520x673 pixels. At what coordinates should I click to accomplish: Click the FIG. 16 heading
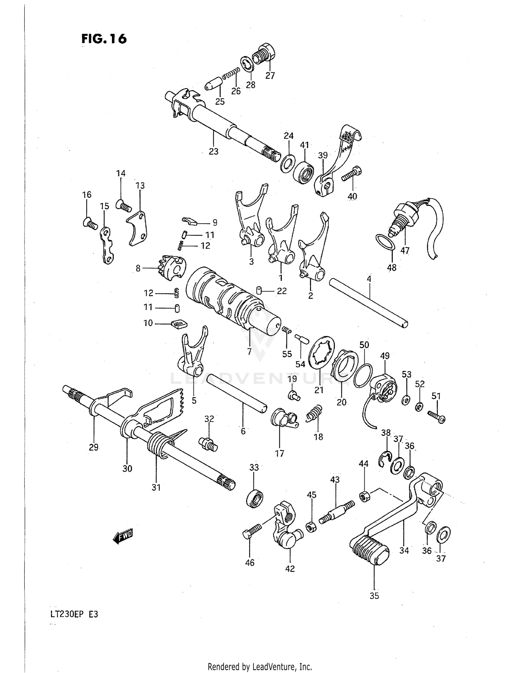pyautogui.click(x=104, y=39)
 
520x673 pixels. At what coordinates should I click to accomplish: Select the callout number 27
pyautogui.click(x=270, y=76)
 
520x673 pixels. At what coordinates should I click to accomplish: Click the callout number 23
pyautogui.click(x=214, y=151)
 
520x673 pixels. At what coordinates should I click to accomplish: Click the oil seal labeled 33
pyautogui.click(x=255, y=499)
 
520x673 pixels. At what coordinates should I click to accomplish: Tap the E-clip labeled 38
pyautogui.click(x=384, y=459)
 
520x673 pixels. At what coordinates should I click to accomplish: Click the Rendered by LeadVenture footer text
pyautogui.click(x=260, y=666)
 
